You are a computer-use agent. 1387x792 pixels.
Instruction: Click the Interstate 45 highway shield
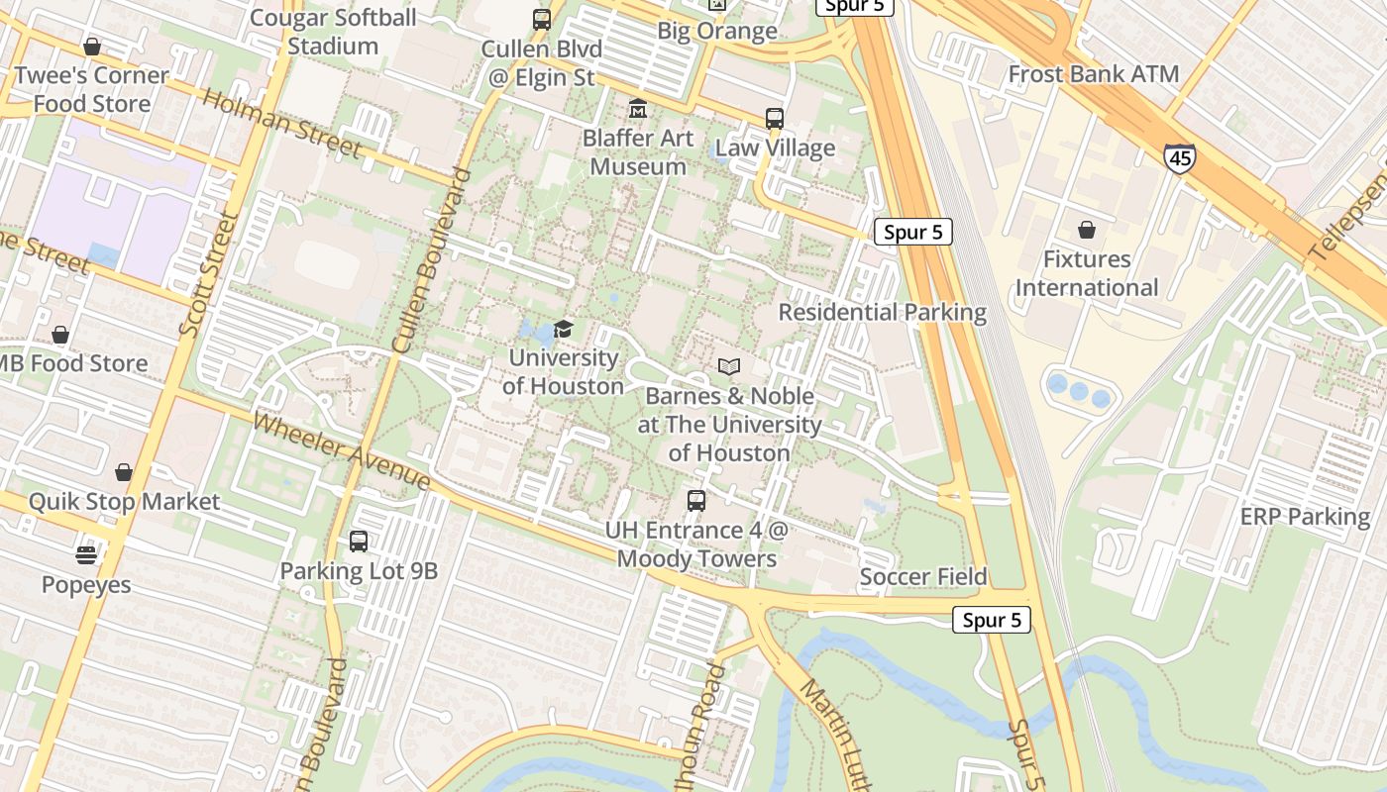pos(1179,156)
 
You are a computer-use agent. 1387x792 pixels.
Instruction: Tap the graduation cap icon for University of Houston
pos(564,329)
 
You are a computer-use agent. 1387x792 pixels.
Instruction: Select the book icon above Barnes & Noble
pos(729,367)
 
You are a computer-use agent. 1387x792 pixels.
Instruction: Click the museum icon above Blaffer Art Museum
pos(638,108)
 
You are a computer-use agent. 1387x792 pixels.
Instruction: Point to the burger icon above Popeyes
pos(86,555)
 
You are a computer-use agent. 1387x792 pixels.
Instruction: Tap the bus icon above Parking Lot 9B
pos(359,542)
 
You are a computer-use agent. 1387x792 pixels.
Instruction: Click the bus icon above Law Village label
pos(775,119)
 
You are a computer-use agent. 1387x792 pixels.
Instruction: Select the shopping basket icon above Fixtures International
pos(1087,231)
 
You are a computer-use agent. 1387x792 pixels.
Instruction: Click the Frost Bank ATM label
pos(1093,74)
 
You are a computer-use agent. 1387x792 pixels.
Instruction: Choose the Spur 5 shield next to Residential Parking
pos(912,233)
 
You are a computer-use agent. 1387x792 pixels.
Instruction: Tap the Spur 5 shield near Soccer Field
pos(991,620)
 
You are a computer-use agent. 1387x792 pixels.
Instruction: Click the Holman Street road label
pos(281,124)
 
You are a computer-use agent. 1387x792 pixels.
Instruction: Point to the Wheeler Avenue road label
pos(341,451)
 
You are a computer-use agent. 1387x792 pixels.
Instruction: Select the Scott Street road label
pos(209,272)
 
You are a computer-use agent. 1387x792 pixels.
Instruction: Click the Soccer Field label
pos(923,577)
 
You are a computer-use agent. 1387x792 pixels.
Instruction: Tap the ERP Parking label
pos(1305,517)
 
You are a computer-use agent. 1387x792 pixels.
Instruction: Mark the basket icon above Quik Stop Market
pos(124,472)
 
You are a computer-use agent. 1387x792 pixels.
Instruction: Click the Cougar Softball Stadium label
pos(333,32)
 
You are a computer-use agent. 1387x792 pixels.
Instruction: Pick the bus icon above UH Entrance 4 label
pos(696,501)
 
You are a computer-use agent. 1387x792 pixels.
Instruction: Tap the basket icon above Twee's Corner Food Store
pos(92,47)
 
